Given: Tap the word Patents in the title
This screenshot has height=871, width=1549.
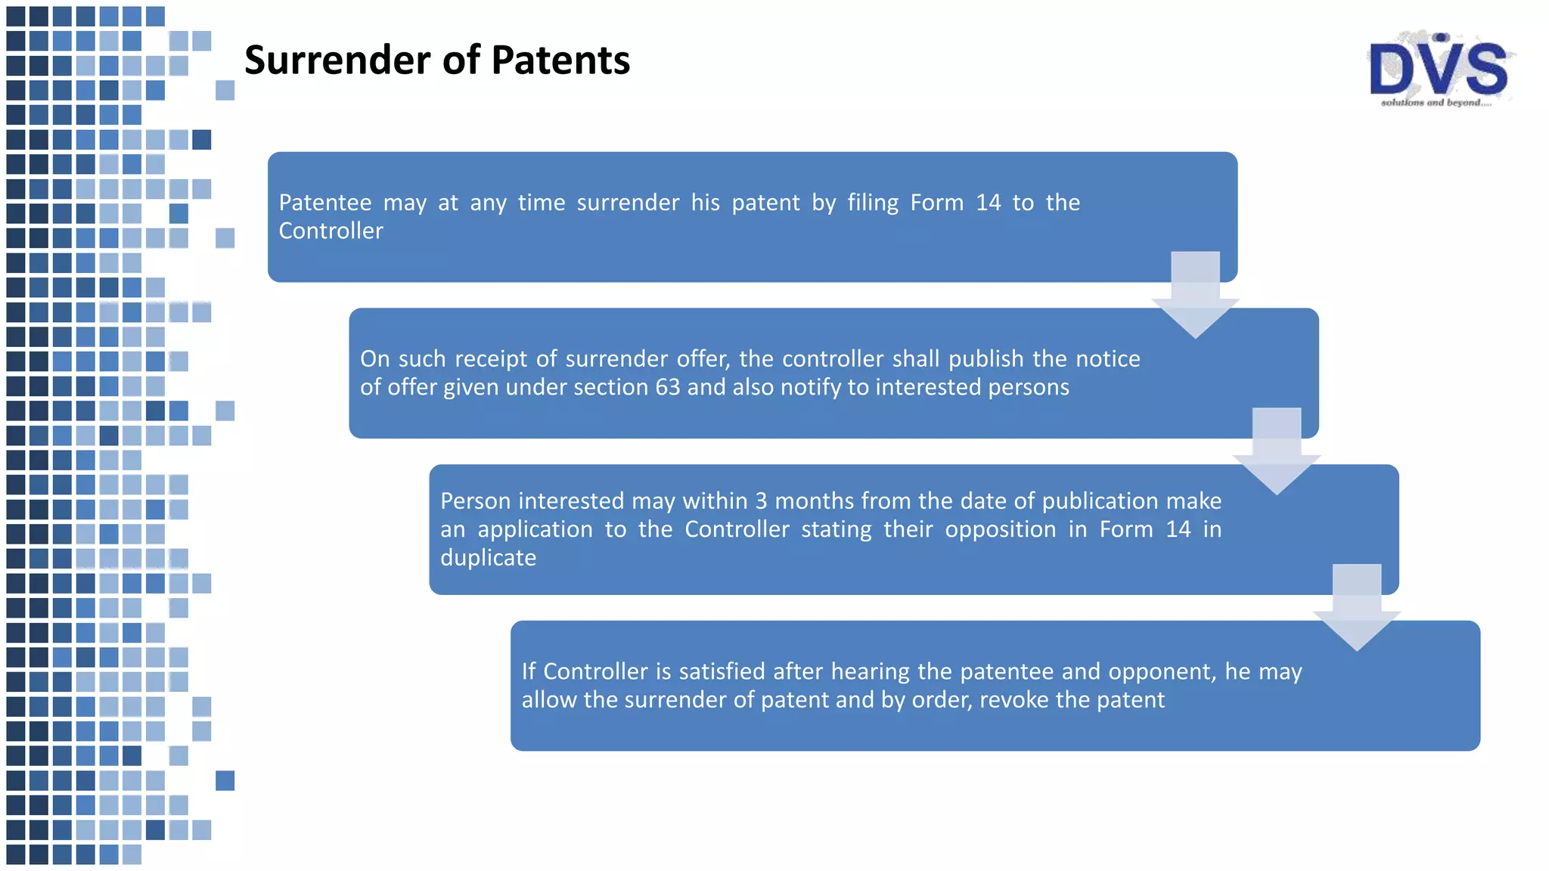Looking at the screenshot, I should (560, 60).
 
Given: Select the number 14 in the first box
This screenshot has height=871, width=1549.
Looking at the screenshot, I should (988, 203).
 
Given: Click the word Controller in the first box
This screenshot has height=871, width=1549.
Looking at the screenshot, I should (331, 231).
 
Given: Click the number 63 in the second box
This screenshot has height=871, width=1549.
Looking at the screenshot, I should (667, 387).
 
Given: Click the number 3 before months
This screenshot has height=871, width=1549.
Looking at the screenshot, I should (761, 501).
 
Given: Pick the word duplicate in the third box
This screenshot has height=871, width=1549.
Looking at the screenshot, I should (488, 558).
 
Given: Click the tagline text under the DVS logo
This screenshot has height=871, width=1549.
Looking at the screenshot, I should (1436, 103).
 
